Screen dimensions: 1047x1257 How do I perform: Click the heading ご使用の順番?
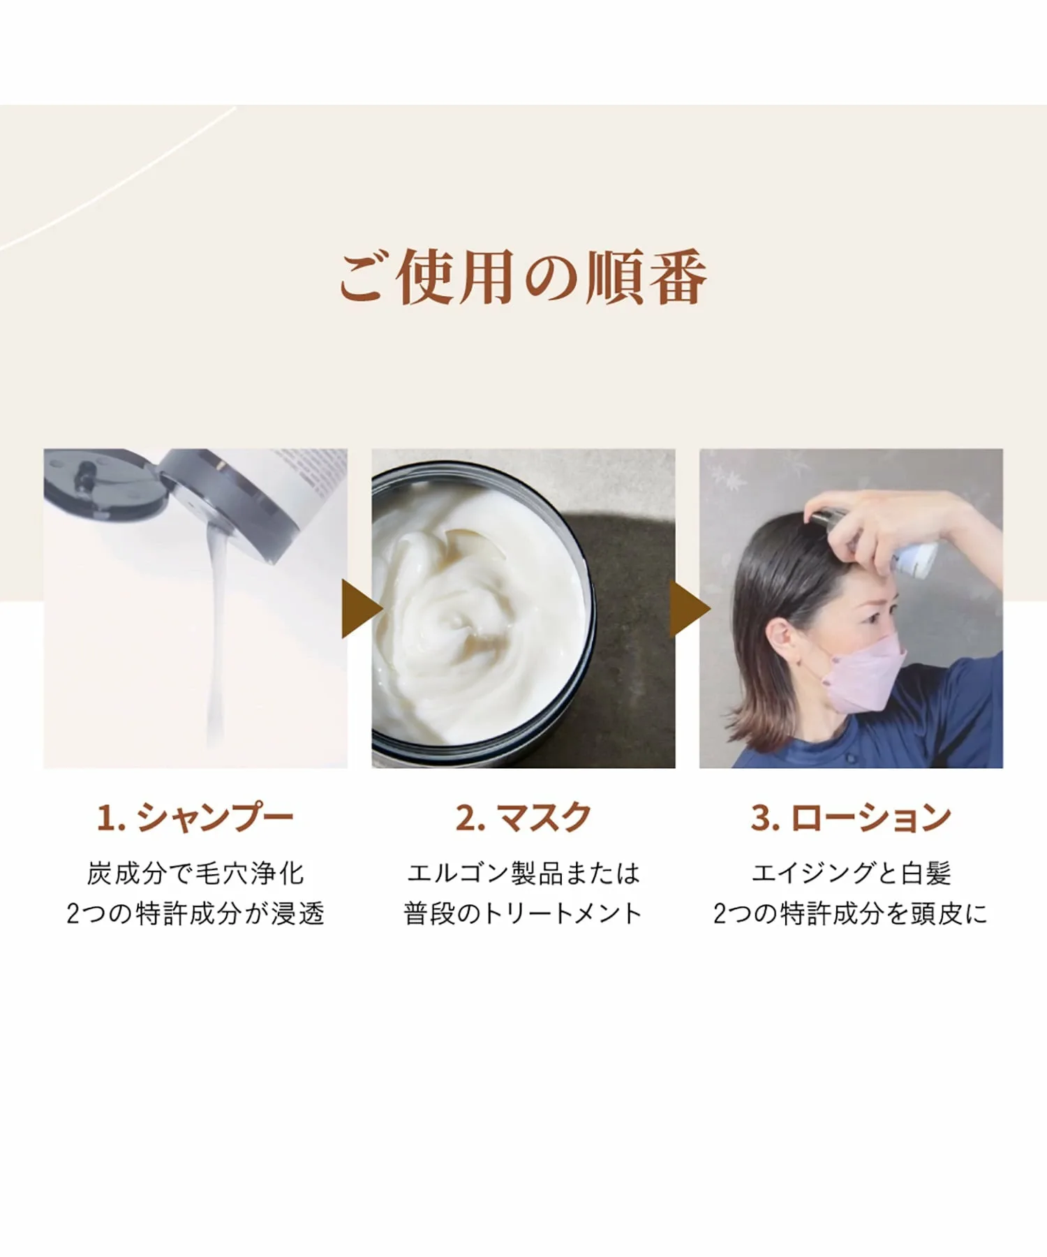[x=523, y=277]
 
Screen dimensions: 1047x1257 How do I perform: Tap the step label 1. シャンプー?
[x=195, y=817]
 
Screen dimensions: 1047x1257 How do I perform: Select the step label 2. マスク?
[x=523, y=817]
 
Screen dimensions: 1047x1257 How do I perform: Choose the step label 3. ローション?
[x=851, y=817]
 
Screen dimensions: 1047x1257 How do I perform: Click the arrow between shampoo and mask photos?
[x=360, y=609]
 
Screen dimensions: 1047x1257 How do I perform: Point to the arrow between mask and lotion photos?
[x=688, y=609]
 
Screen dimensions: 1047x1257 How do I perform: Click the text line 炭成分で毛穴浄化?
[x=195, y=873]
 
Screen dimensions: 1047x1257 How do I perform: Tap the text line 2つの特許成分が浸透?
[x=195, y=913]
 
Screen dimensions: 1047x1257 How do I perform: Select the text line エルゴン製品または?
[x=523, y=873]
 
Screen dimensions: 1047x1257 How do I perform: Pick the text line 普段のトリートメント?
[x=523, y=913]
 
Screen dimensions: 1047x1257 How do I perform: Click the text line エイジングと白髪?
[x=851, y=873]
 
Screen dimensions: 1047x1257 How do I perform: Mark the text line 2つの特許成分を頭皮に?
[x=851, y=913]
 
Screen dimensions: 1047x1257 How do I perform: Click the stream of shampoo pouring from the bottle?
[x=218, y=628]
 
